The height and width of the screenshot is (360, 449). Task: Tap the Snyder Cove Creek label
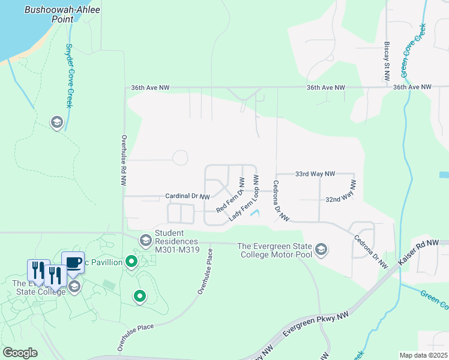[69, 76]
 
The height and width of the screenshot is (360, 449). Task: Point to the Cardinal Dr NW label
[188, 196]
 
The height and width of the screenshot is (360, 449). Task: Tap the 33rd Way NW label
[315, 174]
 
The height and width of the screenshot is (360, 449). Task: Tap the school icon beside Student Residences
[146, 241]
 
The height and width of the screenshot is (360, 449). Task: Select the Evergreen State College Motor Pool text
[277, 250]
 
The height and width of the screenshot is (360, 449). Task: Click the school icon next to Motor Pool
[321, 250]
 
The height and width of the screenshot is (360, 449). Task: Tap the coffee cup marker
[73, 262]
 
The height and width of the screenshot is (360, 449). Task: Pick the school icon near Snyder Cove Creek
[57, 123]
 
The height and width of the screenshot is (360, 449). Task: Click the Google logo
[20, 353]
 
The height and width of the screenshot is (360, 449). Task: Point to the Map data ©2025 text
[423, 355]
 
